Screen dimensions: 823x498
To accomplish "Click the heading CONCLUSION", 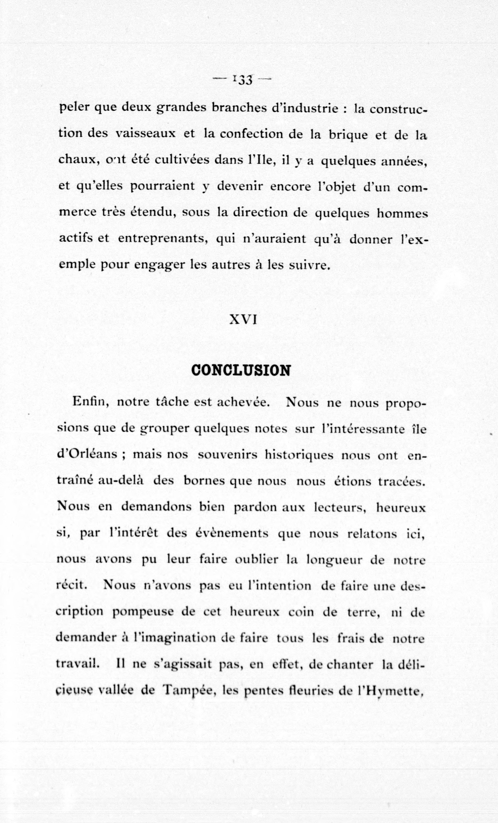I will click(241, 370).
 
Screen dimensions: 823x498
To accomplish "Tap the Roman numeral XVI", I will click(243, 320).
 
